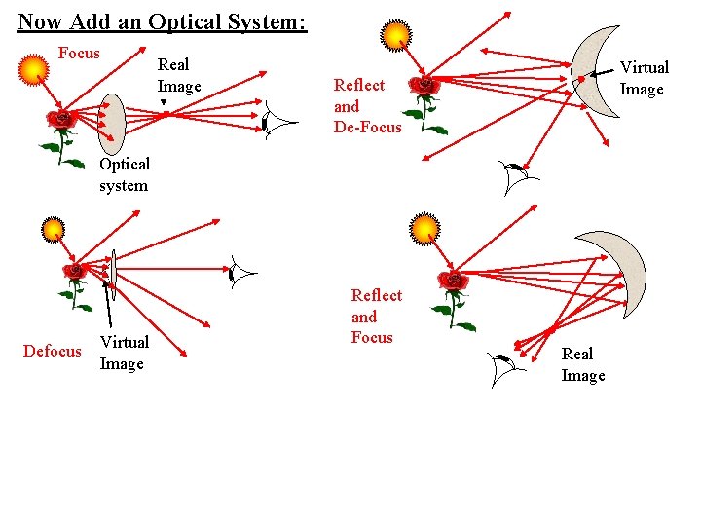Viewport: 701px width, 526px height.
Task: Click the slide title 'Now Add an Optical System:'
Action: tap(162, 20)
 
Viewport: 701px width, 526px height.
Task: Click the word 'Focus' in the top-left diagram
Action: tap(79, 53)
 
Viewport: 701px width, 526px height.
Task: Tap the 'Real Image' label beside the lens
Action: tap(179, 75)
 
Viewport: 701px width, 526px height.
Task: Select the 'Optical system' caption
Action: tap(125, 174)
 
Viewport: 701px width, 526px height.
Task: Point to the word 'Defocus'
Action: tap(53, 351)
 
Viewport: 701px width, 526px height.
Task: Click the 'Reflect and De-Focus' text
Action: tap(367, 106)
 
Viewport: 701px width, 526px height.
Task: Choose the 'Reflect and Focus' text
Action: tap(376, 317)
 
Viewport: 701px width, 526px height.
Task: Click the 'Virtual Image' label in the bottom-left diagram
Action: tap(124, 353)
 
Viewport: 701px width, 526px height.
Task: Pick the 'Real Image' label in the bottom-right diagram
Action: tap(583, 364)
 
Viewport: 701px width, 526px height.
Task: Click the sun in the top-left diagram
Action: tap(34, 69)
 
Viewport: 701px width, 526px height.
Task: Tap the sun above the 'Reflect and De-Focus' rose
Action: tap(397, 35)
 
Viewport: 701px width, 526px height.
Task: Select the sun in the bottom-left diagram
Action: tap(53, 230)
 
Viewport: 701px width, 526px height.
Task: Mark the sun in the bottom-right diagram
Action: tap(424, 229)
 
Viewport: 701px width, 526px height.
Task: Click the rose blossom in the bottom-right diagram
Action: tap(453, 282)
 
